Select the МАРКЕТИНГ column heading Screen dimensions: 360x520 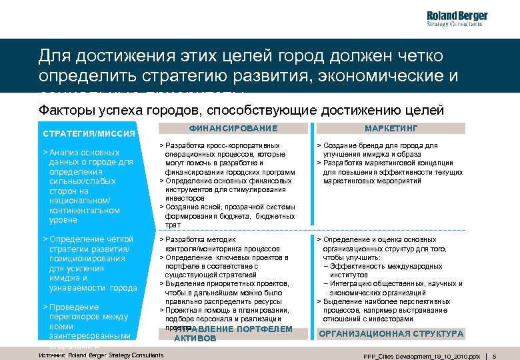(391, 128)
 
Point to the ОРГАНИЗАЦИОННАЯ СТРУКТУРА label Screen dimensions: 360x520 (391, 333)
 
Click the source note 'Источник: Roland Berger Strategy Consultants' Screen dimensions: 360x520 (102, 355)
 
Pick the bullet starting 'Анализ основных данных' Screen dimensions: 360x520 (88, 186)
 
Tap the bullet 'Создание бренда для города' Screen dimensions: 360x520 (381, 149)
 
